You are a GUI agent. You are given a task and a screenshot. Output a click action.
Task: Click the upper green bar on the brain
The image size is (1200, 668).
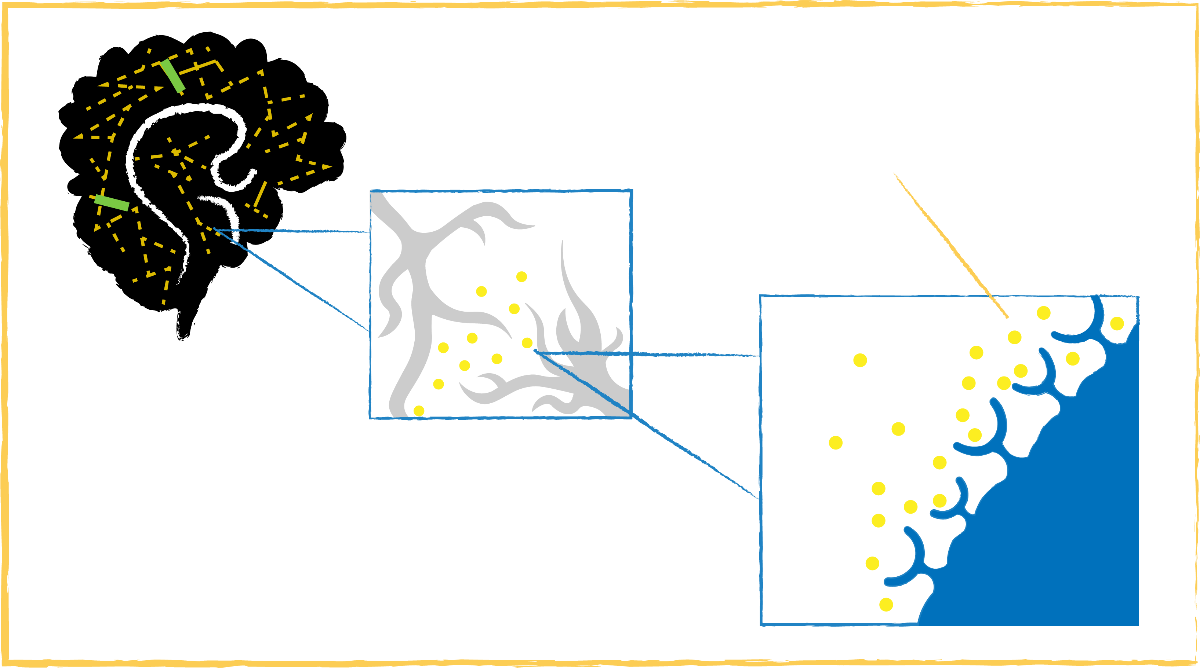point(172,76)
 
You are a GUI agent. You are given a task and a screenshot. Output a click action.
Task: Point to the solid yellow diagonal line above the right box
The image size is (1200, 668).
point(950,245)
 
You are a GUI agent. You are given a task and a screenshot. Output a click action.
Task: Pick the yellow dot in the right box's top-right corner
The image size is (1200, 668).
point(1117,323)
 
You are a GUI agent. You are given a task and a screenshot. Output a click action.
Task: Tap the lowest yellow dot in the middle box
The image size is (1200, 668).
point(419,411)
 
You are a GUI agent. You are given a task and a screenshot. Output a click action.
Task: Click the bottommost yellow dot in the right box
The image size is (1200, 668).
point(886,604)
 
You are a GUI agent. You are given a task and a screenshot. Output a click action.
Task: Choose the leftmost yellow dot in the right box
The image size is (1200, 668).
point(836,442)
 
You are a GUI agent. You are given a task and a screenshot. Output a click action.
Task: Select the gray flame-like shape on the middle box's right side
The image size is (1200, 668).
point(582,335)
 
